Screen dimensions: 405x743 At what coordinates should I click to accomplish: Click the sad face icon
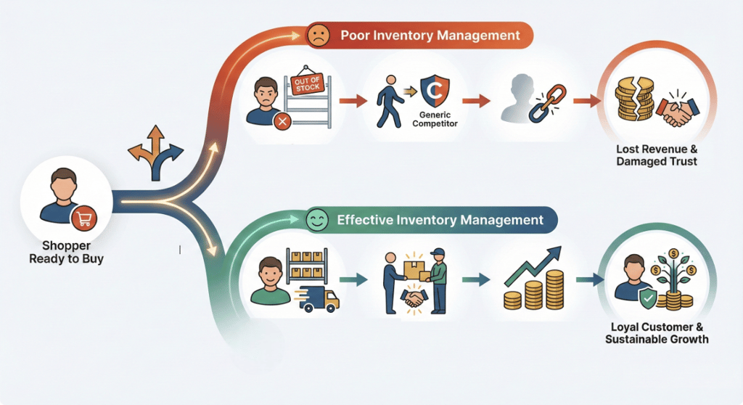point(317,35)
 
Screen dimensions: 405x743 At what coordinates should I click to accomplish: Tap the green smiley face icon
point(317,219)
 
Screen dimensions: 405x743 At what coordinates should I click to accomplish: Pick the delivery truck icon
point(319,298)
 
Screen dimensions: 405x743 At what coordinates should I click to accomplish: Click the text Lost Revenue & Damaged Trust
point(656,155)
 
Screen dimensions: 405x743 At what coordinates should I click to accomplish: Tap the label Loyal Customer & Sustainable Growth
point(656,333)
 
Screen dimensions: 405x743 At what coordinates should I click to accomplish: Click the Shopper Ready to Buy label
point(66,252)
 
